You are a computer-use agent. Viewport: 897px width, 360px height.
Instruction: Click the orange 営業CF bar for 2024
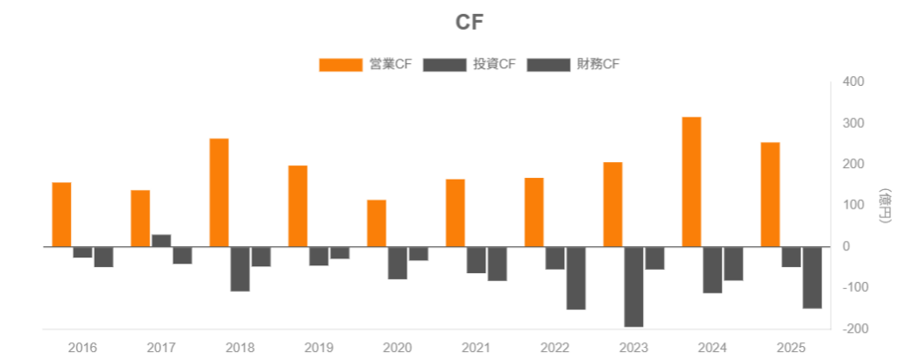pos(691,182)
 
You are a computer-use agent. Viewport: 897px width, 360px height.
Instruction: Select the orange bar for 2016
pos(61,215)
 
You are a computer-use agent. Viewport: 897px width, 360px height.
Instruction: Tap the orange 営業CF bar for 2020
pos(377,223)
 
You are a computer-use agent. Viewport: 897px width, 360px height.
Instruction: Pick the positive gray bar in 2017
pos(161,241)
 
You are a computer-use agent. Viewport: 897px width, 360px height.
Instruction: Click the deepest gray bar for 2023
pos(633,286)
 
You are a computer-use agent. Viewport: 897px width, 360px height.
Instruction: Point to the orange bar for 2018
pos(219,193)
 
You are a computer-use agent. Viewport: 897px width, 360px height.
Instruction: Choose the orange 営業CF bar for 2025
pos(770,194)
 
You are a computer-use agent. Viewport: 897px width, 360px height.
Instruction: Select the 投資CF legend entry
pos(470,64)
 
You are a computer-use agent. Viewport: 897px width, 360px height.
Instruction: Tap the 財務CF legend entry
pos(575,64)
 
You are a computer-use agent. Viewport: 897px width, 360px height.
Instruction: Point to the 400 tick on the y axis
pos(853,82)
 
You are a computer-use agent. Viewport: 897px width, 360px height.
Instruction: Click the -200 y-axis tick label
pos(851,328)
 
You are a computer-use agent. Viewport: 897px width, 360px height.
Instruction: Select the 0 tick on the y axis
pos(846,247)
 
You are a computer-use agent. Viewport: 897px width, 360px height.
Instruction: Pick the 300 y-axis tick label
pos(853,124)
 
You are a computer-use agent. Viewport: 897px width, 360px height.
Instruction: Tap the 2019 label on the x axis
pos(319,348)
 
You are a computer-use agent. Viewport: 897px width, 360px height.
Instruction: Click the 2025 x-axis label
pos(791,348)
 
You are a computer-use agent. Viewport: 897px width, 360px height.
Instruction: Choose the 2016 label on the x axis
pos(83,348)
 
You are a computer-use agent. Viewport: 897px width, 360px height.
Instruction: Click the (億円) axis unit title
pos(885,206)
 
